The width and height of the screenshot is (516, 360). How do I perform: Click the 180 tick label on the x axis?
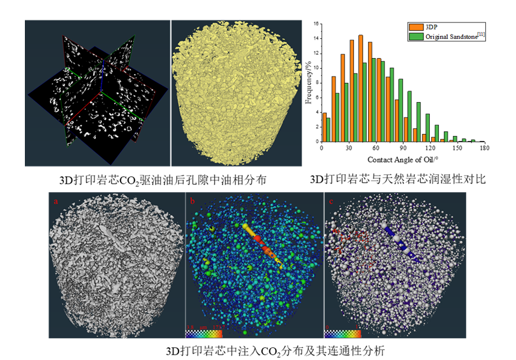click(x=483, y=147)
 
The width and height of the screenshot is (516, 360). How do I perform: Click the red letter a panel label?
click(x=56, y=202)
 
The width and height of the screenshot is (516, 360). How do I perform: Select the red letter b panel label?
click(x=193, y=202)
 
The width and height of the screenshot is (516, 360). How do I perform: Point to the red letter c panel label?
click(x=330, y=202)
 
